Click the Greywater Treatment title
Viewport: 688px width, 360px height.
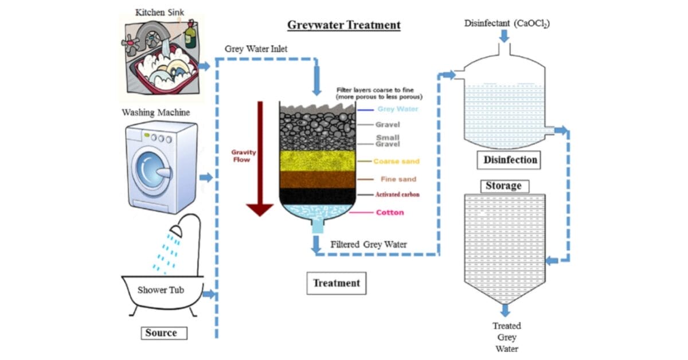tap(343, 25)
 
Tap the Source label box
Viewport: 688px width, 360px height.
tap(161, 333)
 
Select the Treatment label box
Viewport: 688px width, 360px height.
tap(337, 283)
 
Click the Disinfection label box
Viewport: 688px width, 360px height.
tap(510, 160)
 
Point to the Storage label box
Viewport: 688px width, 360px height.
tap(503, 186)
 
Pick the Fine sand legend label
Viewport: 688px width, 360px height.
tap(398, 179)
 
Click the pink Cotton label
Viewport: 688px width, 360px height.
tap(390, 213)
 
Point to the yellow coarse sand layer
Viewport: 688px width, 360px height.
tap(318, 161)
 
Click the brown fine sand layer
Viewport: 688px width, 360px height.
tap(318, 179)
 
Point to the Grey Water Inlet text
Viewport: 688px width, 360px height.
tap(256, 49)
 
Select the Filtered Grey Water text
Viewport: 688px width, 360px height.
tap(369, 245)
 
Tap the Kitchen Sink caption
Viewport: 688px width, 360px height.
tap(160, 11)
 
